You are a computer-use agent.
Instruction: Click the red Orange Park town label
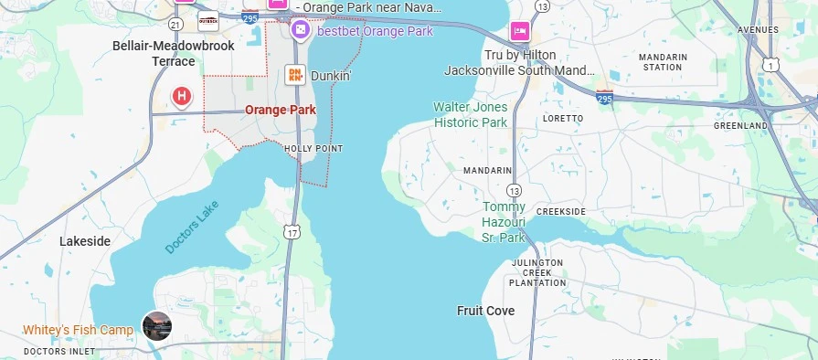click(x=281, y=110)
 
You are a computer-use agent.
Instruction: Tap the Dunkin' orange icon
click(x=295, y=76)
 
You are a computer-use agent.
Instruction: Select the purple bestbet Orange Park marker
click(x=300, y=31)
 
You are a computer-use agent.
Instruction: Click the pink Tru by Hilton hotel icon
click(x=520, y=31)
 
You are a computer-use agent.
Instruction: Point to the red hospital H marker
click(x=182, y=96)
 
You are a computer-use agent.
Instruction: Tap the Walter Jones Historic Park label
click(x=470, y=114)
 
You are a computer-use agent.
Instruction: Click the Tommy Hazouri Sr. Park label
click(x=504, y=222)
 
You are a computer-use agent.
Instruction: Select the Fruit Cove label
click(x=485, y=311)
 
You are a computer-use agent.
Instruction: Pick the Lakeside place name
click(x=85, y=241)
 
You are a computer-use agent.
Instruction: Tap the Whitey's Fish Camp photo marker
click(x=156, y=325)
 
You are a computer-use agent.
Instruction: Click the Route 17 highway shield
click(x=292, y=231)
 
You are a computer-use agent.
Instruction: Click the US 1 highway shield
click(x=772, y=63)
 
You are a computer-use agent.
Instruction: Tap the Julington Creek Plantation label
click(x=536, y=272)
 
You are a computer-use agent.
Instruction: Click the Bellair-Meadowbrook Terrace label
click(x=173, y=53)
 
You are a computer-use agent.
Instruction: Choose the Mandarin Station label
click(x=662, y=61)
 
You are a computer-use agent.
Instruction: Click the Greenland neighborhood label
click(x=739, y=125)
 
